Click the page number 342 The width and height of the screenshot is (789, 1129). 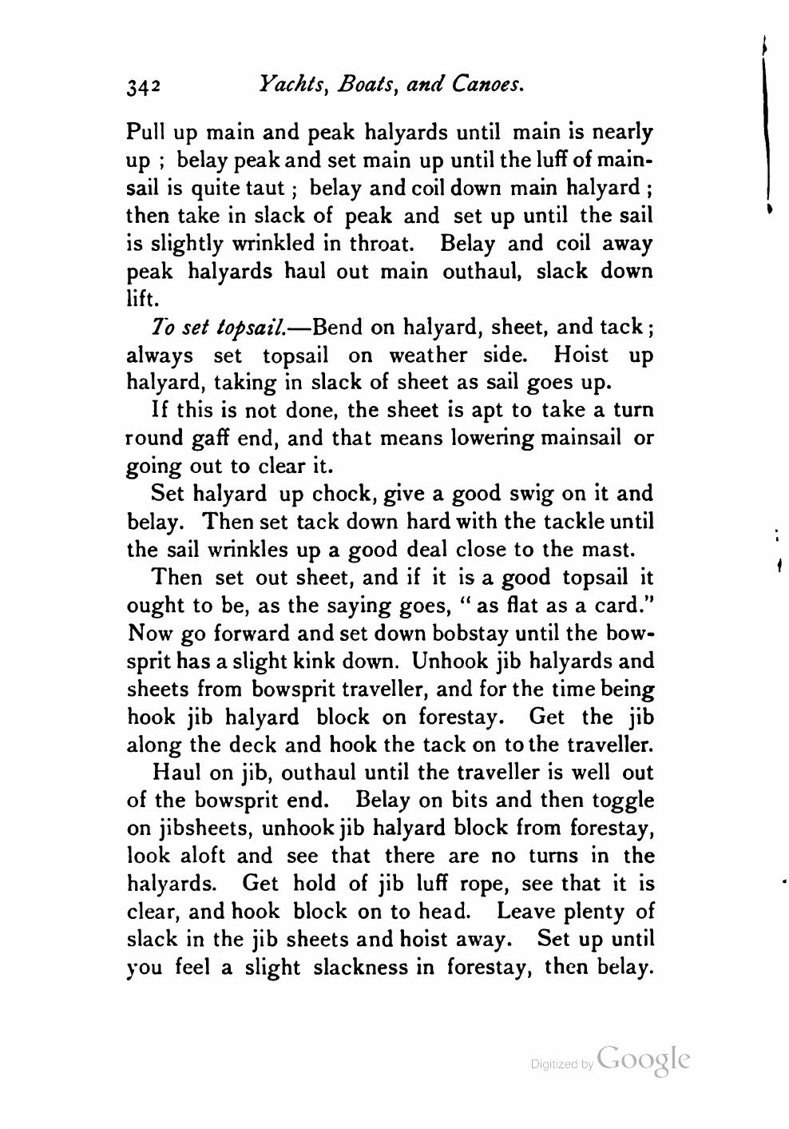(x=145, y=86)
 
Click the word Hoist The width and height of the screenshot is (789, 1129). (x=581, y=355)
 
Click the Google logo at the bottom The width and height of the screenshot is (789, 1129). (x=642, y=1059)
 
